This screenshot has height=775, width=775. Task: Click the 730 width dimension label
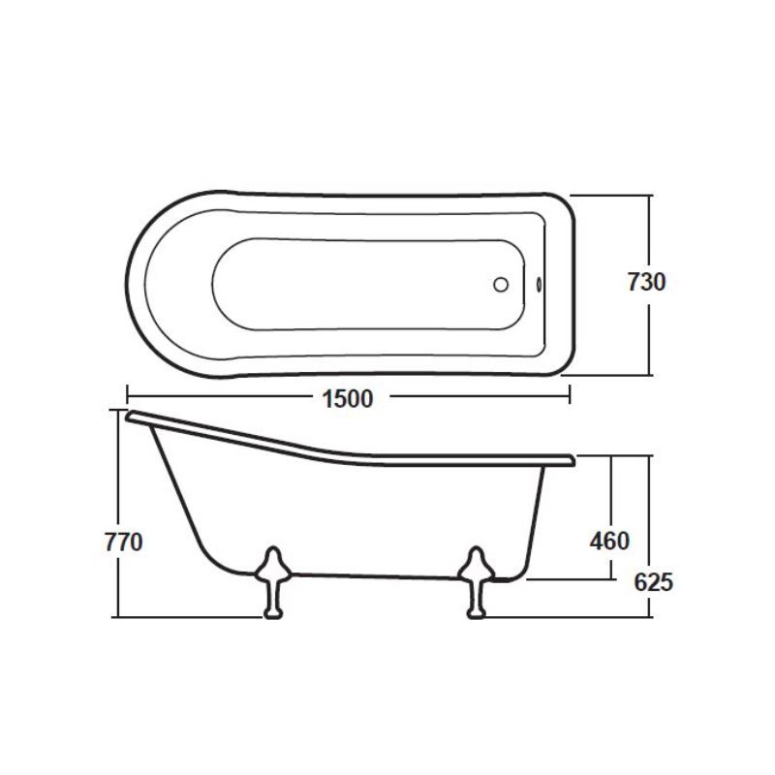646,282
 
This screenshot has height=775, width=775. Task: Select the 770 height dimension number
123,542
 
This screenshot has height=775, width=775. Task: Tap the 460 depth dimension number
609,541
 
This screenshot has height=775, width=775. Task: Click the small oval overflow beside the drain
539,285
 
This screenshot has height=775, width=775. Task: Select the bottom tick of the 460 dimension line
611,579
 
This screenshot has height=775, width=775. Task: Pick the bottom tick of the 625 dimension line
650,615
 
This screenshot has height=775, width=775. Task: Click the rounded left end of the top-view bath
135,282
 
